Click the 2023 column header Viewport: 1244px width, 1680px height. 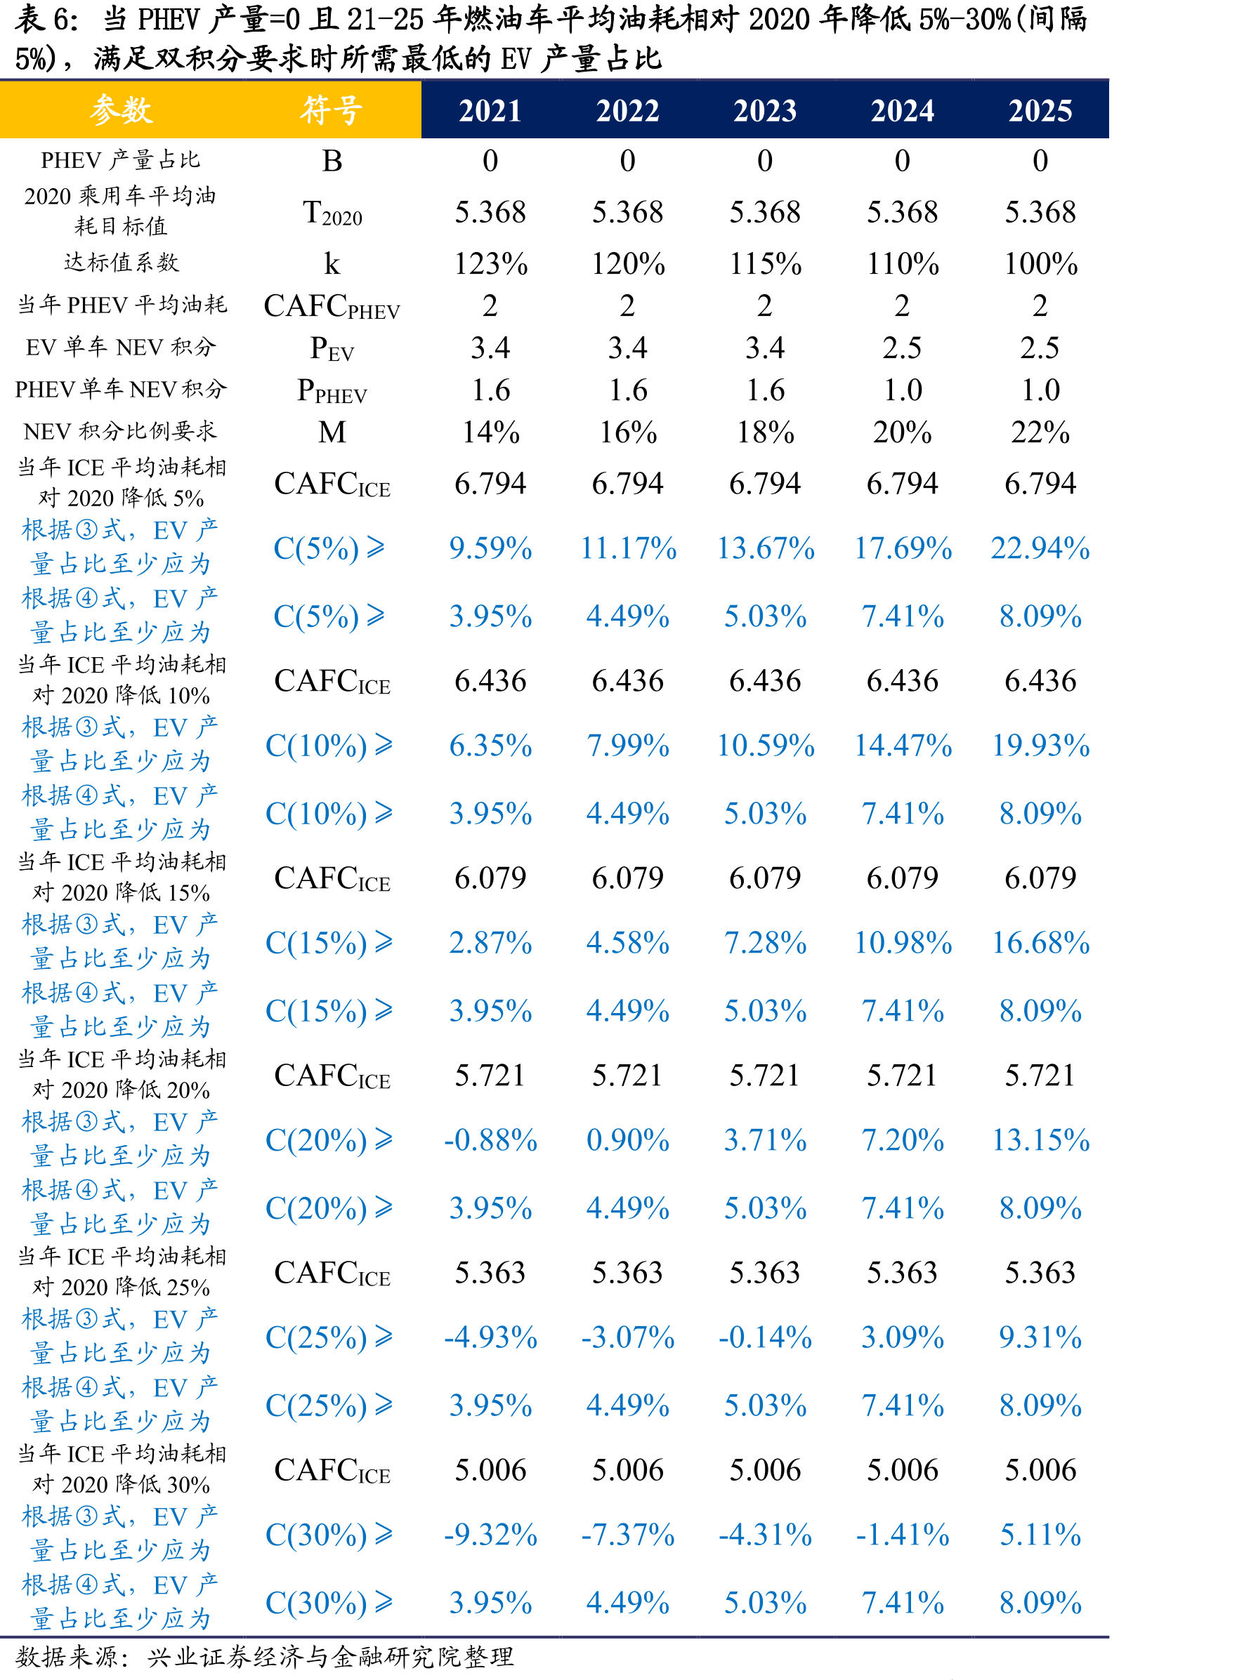point(765,111)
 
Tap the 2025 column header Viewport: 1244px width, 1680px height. point(1040,111)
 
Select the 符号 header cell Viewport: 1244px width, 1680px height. point(332,110)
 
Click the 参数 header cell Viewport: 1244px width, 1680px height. point(122,110)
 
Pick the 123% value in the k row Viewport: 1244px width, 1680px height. point(490,263)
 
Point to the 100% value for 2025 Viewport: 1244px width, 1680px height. point(1041,263)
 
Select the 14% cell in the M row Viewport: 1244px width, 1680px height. point(490,432)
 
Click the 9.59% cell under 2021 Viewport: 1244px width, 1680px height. point(490,548)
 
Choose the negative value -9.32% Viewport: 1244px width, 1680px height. point(490,1534)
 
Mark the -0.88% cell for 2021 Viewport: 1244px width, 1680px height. point(490,1139)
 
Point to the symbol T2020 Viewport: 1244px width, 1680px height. point(332,213)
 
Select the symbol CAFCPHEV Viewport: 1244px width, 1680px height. point(332,306)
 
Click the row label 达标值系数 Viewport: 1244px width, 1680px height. point(122,263)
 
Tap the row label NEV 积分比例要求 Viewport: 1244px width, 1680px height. point(121,431)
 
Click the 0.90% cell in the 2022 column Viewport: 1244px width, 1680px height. point(627,1139)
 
